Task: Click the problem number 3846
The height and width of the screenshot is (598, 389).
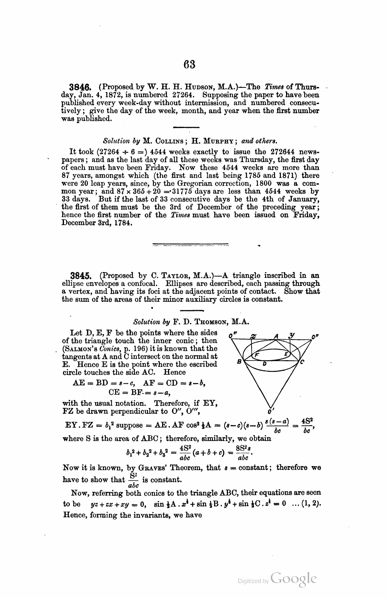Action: pos(81,87)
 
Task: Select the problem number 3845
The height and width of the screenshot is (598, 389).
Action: pos(81,276)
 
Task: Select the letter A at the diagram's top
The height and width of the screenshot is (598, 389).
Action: pos(276,336)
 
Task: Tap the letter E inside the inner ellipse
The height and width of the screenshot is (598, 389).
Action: pos(286,354)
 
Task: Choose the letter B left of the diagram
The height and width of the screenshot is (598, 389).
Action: pos(239,362)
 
